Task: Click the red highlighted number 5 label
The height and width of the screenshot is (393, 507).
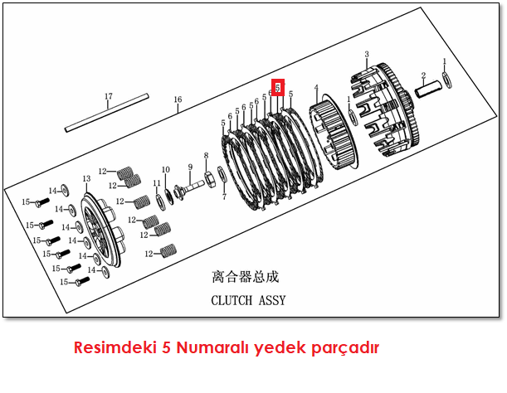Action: (279, 87)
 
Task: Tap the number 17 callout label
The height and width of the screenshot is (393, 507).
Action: (108, 97)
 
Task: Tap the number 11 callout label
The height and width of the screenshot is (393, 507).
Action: (157, 183)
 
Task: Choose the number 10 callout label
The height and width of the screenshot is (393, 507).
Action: (166, 170)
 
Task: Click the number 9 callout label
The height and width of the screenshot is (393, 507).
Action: (189, 167)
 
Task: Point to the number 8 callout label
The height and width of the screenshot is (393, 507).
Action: (206, 155)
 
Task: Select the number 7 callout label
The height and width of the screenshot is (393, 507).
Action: (223, 196)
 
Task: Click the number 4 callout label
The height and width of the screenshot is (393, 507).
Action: (316, 87)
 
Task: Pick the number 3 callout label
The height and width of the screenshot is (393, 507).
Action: (367, 55)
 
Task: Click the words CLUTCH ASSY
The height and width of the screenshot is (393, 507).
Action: (248, 300)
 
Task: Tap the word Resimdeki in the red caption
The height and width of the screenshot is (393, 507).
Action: (106, 346)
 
